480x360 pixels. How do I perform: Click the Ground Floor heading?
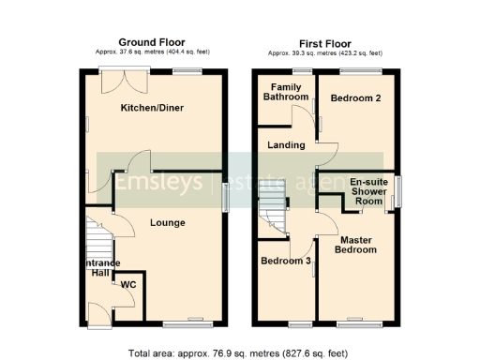(x=151, y=42)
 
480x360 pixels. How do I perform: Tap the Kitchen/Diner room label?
(x=152, y=109)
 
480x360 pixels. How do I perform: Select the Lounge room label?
(x=166, y=223)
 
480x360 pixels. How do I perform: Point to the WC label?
(x=127, y=286)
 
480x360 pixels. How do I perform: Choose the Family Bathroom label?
(x=286, y=92)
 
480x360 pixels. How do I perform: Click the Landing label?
(x=285, y=145)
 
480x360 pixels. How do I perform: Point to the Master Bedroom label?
(x=357, y=245)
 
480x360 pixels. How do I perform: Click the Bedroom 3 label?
(x=285, y=262)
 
